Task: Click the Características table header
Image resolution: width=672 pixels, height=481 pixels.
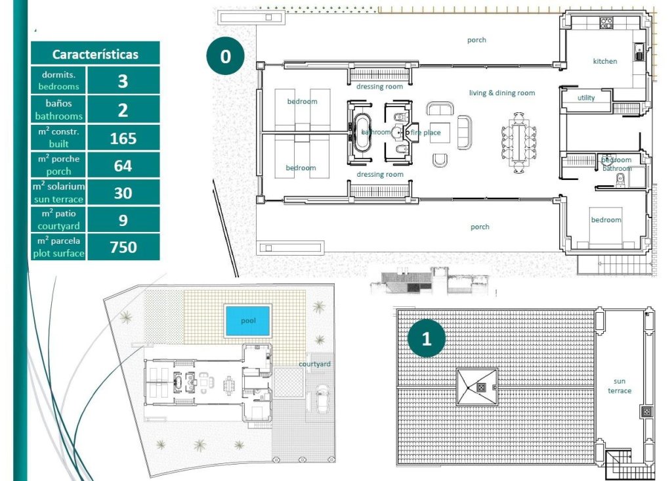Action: [x=95, y=54]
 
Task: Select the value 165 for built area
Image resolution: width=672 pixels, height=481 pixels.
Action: [x=123, y=138]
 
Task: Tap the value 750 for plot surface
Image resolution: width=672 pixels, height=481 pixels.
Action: [x=123, y=247]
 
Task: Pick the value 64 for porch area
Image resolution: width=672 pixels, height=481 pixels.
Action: [x=123, y=166]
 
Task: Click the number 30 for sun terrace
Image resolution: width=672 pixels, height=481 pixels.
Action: [x=123, y=193]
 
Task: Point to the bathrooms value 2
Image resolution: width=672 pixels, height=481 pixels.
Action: [x=123, y=110]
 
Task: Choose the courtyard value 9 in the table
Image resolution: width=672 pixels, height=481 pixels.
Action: [x=123, y=220]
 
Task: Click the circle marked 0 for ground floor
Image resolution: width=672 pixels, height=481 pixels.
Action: [x=225, y=57]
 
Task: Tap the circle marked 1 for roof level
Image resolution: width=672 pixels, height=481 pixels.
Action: [x=427, y=339]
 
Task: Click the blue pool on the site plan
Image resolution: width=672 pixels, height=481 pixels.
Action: [x=247, y=321]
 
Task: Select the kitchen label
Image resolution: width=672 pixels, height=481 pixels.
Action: [x=604, y=61]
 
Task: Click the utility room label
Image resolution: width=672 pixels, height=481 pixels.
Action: [x=585, y=98]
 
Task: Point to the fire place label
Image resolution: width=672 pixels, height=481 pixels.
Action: [x=426, y=133]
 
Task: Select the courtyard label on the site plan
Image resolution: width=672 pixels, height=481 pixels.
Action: [x=314, y=364]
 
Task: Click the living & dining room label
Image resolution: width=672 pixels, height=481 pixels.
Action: [x=501, y=93]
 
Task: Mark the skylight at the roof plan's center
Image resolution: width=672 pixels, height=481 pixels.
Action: [x=477, y=388]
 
